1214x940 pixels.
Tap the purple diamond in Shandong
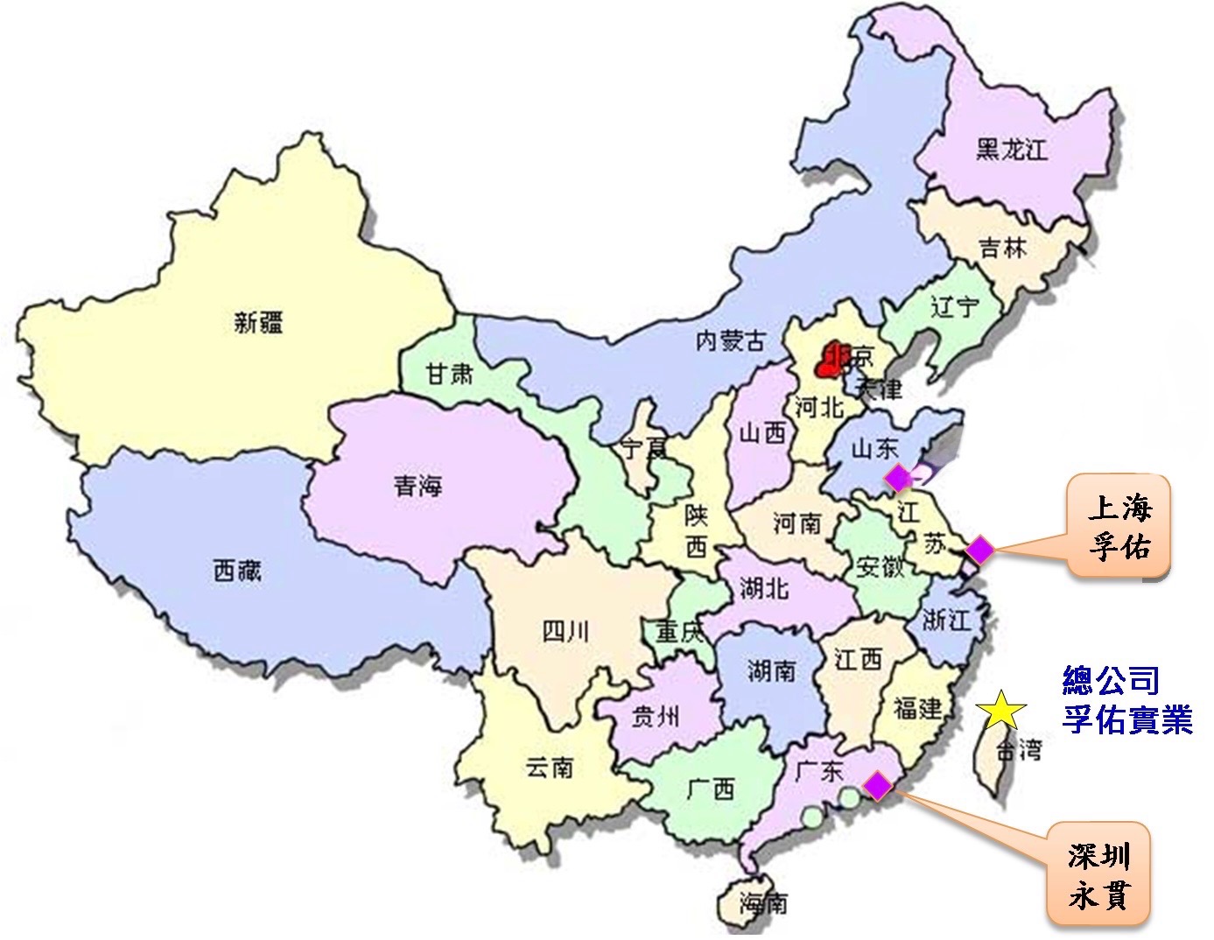[x=899, y=479]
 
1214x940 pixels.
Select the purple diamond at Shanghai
[x=979, y=550]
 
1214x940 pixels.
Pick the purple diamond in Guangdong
[x=878, y=786]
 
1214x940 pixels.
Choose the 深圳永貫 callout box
[x=1099, y=873]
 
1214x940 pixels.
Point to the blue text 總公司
[x=1111, y=680]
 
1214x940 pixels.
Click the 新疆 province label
[x=258, y=322]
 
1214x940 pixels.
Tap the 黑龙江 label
[x=1012, y=150]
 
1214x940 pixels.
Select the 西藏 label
[x=236, y=571]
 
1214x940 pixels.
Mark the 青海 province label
[x=418, y=485]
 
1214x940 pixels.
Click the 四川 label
[x=565, y=630]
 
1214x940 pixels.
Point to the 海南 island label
[x=763, y=902]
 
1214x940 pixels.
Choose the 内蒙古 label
[x=730, y=340]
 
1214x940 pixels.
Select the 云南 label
[x=549, y=768]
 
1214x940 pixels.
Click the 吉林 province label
[x=1003, y=249]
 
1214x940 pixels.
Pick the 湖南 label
[x=771, y=670]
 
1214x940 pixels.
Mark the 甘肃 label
[x=449, y=375]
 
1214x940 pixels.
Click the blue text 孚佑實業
[x=1127, y=719]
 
